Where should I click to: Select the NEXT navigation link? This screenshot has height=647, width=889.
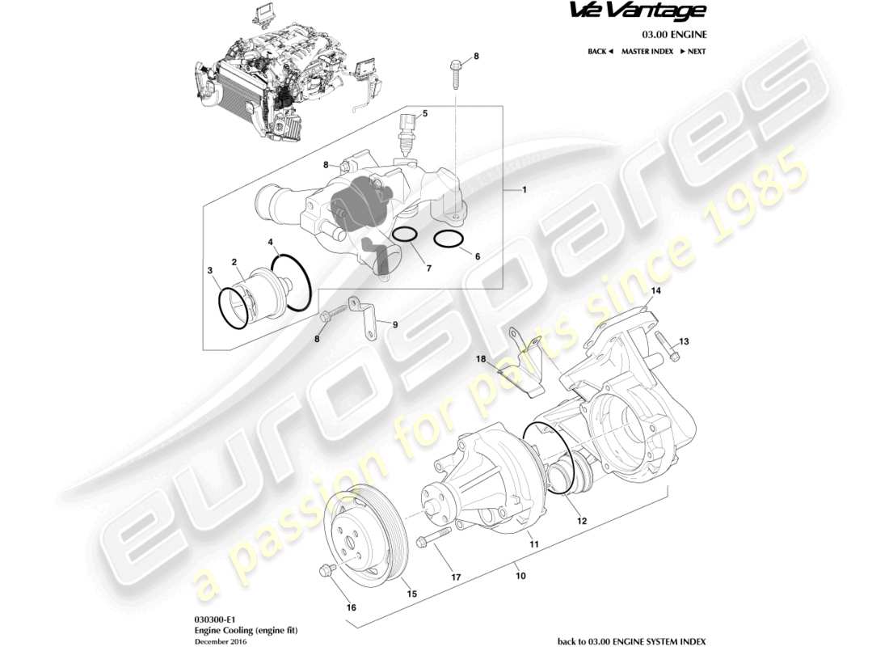[x=693, y=51]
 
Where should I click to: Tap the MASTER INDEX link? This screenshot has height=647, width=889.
[x=647, y=51]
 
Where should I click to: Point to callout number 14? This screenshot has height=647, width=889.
[x=656, y=290]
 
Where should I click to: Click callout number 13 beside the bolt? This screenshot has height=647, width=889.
[x=685, y=341]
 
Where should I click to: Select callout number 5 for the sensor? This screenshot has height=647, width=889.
[x=424, y=113]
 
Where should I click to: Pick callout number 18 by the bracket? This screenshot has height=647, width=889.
[x=480, y=357]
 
